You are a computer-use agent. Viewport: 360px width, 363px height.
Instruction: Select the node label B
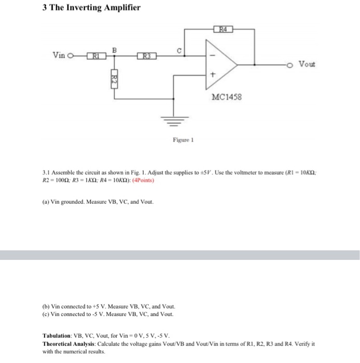pyautogui.click(x=115, y=49)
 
